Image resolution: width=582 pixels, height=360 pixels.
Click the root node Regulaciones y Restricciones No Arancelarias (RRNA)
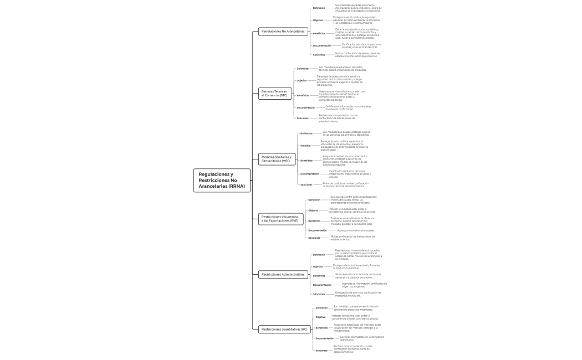point(222,181)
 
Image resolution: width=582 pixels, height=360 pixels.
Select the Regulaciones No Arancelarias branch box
point(283,32)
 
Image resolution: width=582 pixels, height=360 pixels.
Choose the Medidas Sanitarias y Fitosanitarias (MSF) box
point(275,159)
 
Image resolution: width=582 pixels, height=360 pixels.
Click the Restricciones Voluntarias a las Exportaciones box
point(279,219)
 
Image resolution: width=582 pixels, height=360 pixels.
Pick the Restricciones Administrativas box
point(283,274)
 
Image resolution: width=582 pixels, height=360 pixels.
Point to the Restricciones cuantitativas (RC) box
point(284,329)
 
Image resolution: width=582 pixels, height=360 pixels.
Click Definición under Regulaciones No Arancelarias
point(319,8)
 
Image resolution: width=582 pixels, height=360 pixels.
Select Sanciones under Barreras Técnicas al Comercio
point(303,118)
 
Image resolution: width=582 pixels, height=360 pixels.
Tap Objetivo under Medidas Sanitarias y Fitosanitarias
point(305,146)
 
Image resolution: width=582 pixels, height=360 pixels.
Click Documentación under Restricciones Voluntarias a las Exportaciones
point(318,230)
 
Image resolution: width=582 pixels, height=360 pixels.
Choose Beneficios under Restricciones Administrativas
point(319,275)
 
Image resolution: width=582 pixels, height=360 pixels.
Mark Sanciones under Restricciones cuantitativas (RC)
point(321,350)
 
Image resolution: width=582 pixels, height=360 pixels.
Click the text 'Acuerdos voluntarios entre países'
point(355,230)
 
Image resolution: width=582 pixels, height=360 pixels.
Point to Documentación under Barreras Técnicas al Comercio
point(305,107)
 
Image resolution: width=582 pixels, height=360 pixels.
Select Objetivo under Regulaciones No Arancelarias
point(318,20)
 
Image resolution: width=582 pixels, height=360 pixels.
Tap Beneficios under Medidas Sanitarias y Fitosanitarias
point(307,161)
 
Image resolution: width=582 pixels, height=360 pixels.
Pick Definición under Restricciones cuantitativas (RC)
point(321,307)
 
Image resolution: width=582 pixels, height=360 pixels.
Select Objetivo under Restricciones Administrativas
point(318,266)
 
